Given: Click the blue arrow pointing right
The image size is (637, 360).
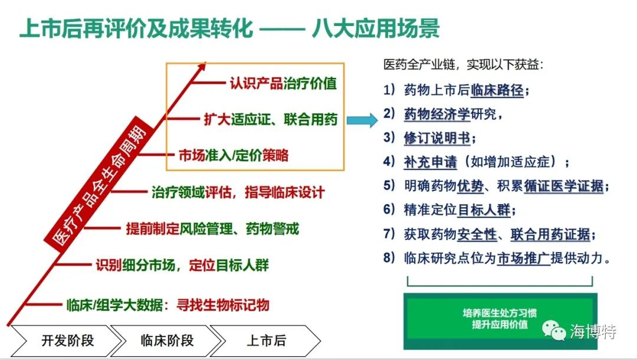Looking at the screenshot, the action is pos(362,120).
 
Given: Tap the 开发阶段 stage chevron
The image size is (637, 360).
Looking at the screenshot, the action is pos(65,341).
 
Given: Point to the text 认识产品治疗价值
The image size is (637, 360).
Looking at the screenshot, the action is pos(283,83).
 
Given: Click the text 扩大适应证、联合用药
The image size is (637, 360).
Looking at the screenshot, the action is pos(271,119).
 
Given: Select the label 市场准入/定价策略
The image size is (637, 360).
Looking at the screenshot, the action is pos(234,155).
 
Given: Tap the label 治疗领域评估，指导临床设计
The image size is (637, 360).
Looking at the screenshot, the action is pos(238,192).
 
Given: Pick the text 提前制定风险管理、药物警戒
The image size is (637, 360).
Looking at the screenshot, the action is pos(212,229).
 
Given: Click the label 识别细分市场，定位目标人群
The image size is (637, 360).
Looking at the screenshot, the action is pos(182,265).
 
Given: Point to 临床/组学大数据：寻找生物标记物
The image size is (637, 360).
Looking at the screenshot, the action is pos(168,305).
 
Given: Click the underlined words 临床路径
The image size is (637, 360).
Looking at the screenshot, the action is pos(497,90).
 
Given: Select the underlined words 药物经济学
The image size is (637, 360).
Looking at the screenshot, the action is pos(436,114).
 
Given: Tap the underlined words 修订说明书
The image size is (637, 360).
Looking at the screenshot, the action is pos(436,138).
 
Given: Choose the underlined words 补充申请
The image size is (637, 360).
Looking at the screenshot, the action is pos(430,162).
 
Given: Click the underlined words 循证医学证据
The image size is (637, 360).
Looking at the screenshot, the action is pos(563,186).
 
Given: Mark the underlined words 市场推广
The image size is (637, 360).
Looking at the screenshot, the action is pos(524,258).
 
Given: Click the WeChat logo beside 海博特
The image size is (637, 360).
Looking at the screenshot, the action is pos(554,330).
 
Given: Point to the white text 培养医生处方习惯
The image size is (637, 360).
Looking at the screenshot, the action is pos(500,313).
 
